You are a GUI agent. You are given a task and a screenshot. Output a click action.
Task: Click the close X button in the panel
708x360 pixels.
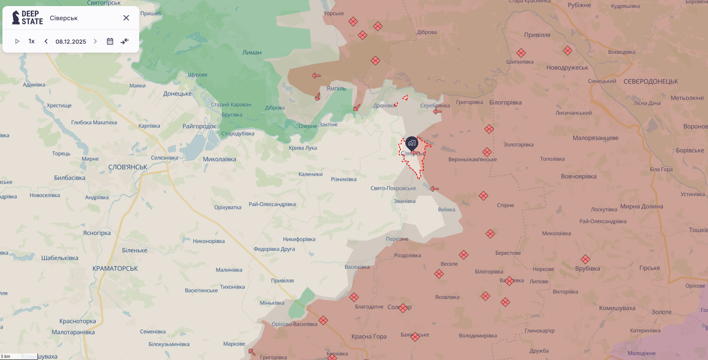click(126, 18)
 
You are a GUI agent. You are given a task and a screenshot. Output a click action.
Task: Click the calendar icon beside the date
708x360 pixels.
click(110, 41)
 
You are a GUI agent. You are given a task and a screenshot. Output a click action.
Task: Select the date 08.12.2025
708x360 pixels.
click(71, 42)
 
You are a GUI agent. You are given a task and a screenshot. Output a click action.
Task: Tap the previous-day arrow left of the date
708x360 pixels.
click(46, 41)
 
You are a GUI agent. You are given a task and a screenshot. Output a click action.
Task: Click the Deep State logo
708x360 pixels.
click(28, 18)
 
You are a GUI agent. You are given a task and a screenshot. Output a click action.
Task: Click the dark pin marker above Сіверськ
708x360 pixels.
click(412, 143)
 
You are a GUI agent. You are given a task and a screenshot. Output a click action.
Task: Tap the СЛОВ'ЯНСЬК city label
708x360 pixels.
click(128, 167)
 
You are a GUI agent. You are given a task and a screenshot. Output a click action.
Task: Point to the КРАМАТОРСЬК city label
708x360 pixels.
click(115, 269)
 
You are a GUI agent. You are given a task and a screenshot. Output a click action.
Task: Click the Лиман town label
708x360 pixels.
click(252, 53)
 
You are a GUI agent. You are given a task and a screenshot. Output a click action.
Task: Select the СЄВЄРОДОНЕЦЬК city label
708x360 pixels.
click(651, 81)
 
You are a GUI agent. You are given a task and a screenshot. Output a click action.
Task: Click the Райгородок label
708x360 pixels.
click(199, 126)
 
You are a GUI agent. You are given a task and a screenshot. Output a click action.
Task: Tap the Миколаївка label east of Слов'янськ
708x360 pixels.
click(219, 159)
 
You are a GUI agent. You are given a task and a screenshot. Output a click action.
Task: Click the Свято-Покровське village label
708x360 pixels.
click(393, 188)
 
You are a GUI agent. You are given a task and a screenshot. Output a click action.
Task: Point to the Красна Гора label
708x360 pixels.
click(369, 337)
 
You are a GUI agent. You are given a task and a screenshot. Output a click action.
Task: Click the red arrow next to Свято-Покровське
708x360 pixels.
click(435, 189)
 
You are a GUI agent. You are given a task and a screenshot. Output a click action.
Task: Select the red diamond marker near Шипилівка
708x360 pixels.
click(521, 53)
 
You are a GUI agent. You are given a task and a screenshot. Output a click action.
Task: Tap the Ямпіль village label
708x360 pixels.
click(336, 89)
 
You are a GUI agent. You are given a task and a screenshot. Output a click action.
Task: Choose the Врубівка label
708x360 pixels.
click(587, 269)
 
